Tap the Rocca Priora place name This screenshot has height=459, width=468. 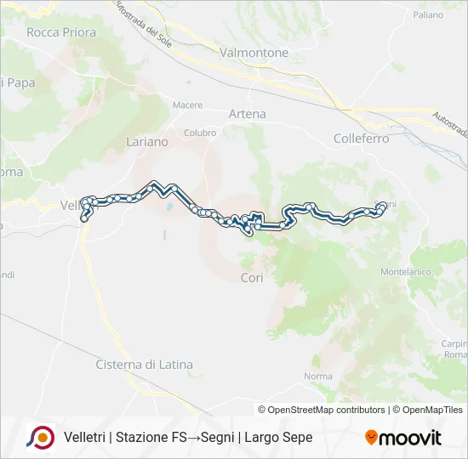pos(61,32)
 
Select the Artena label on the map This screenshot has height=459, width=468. pos(247,114)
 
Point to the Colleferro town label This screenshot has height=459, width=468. pos(361,139)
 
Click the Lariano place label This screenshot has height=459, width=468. pos(147,142)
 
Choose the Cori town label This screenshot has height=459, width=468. pos(252,278)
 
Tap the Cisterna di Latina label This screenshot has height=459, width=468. pos(144,365)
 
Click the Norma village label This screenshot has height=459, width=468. pos(317,377)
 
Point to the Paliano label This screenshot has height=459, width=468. pos(428,15)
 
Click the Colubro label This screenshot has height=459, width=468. pos(200,133)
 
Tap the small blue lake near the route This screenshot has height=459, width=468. pos(170,206)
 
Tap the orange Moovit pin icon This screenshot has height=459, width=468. pos(371,438)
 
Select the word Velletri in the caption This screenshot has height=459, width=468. pos(85,438)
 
